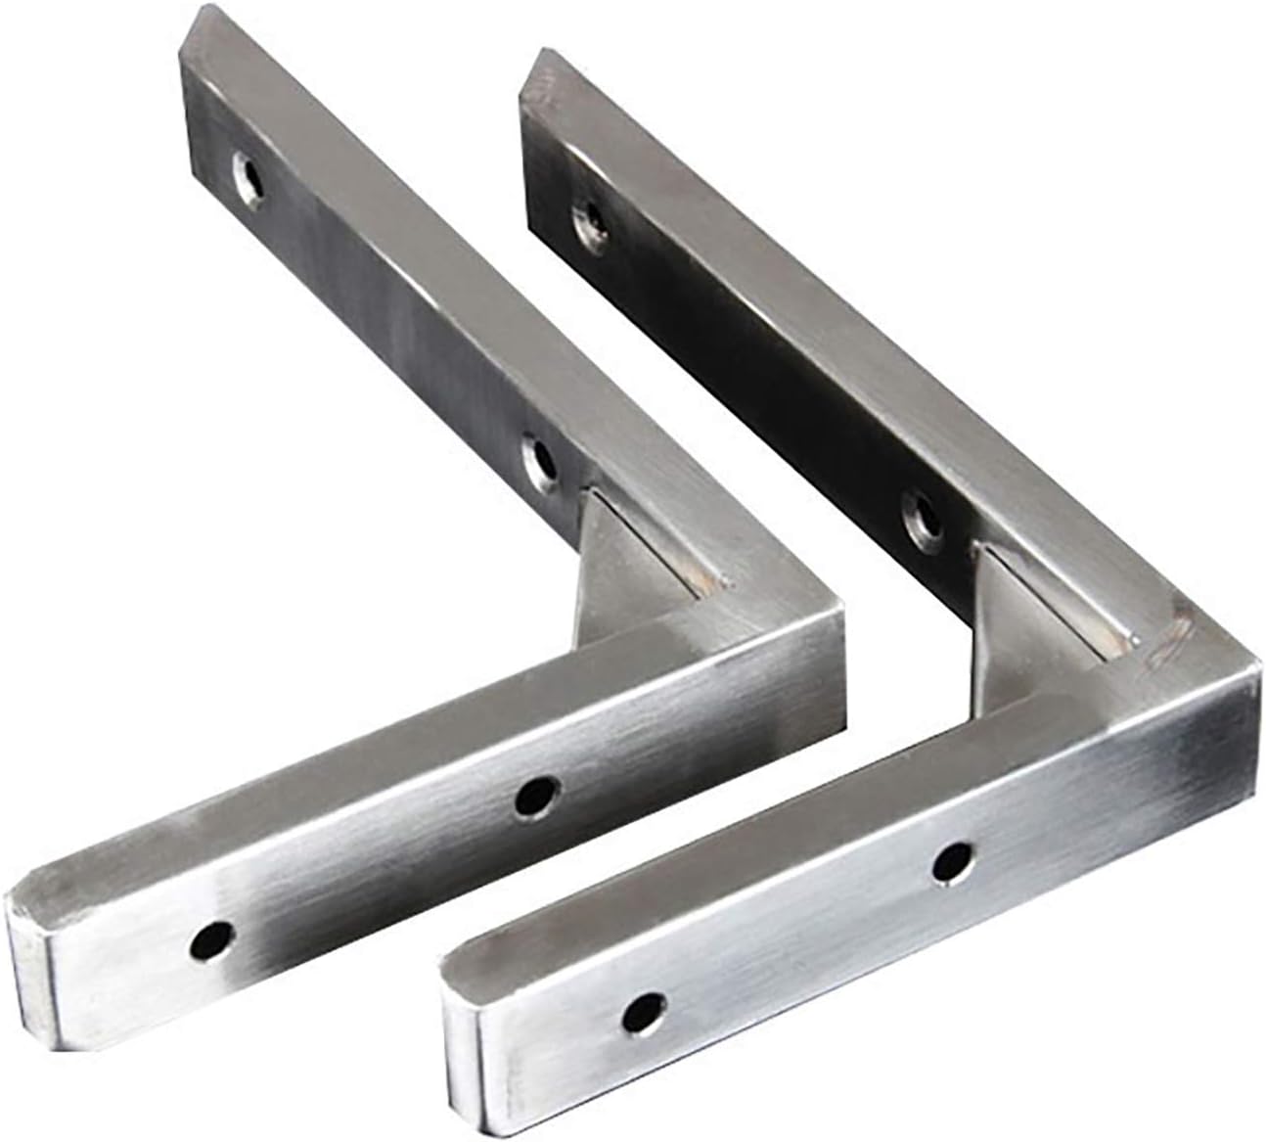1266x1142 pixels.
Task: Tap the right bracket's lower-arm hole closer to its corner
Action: (949, 860)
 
